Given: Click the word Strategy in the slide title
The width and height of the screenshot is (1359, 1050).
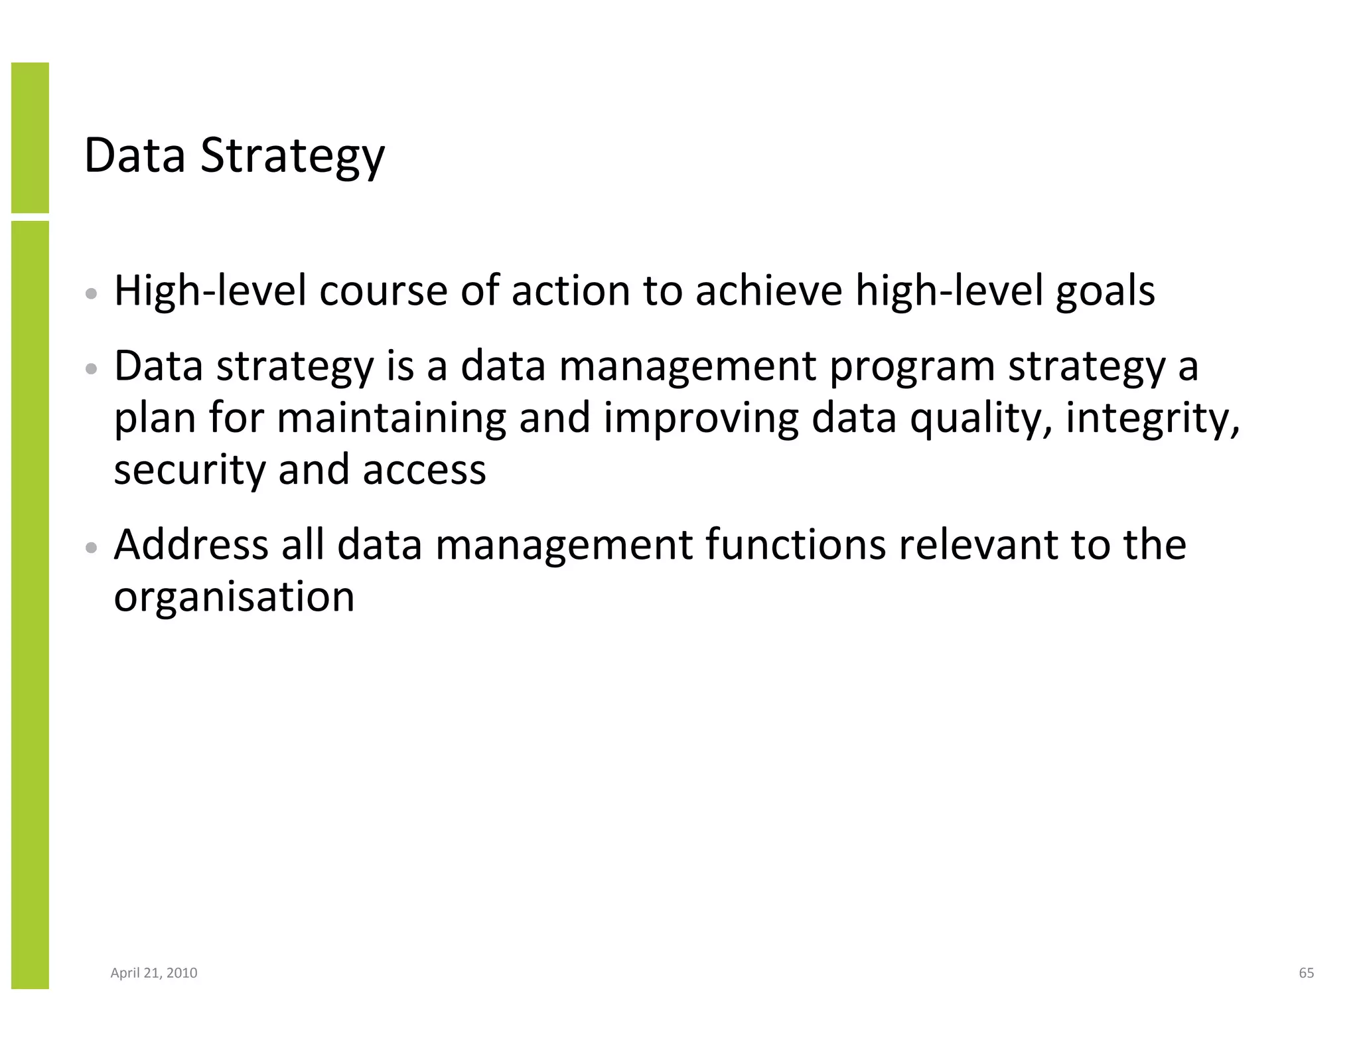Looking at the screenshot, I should point(292,157).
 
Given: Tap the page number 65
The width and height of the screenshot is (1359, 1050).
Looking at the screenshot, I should point(1306,973).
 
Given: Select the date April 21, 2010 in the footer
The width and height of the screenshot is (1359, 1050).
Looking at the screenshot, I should point(154,973).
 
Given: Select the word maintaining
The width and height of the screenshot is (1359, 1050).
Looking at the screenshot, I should point(392,419).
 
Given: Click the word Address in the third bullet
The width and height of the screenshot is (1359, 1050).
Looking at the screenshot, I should point(191,545).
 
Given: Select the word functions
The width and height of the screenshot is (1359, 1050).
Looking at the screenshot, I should point(796,545).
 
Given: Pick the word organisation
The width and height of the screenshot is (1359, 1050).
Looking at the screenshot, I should point(234,597).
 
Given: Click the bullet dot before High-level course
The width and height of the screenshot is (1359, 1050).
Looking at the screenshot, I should point(92,293).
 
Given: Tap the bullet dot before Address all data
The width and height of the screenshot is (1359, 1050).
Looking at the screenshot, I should point(92,548).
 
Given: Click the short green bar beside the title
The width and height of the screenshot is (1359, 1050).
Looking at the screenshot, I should point(30,137).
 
